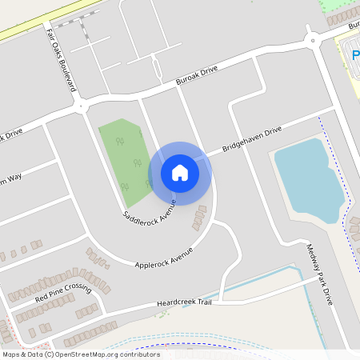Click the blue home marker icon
click(x=180, y=173)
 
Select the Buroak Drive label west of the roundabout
click(x=197, y=76)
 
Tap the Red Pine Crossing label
click(x=64, y=294)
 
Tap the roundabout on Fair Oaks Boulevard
click(x=80, y=104)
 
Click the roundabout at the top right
click(x=313, y=40)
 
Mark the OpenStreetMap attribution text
click(x=81, y=354)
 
